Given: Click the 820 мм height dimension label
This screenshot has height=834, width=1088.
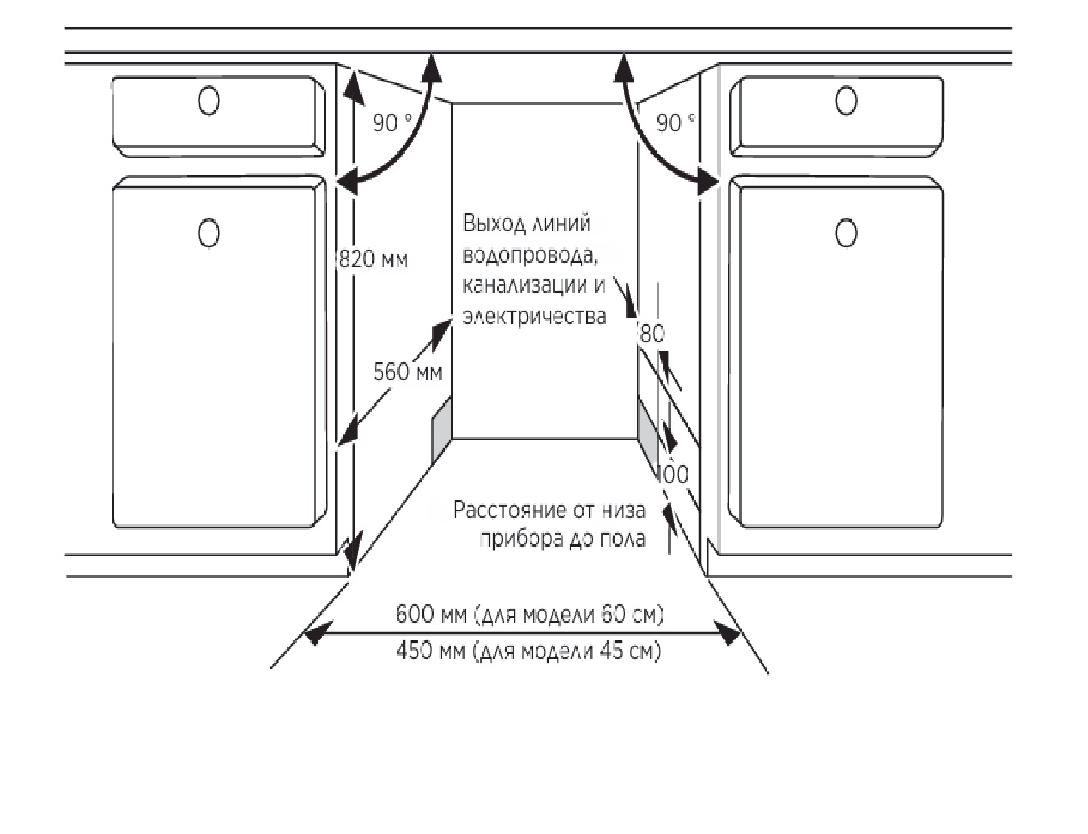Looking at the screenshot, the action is pos(374,260).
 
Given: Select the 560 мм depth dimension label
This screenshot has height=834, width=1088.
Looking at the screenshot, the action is pos(408,372).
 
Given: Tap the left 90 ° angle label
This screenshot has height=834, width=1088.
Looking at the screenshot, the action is pos(392,123).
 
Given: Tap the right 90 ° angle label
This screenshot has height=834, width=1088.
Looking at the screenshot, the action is pos(676,123).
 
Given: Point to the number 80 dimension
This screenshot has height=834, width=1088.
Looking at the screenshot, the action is pos(652,334).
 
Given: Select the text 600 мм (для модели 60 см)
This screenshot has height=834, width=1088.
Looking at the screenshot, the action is pos(530,615).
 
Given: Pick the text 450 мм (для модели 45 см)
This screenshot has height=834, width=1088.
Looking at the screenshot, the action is pos(528,652).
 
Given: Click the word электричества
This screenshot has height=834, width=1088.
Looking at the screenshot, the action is pos(534,316).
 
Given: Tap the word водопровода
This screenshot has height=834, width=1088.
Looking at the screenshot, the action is pos(530,256).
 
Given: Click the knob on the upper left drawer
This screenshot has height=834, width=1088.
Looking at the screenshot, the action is pos(208,100).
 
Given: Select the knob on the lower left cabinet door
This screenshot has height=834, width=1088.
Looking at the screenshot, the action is pos(208,233).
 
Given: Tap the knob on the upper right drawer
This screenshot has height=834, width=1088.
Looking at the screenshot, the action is pos(846,100).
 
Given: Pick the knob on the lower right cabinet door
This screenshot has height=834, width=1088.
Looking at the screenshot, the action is pos(846,233).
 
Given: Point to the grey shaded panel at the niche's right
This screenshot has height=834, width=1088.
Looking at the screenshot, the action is pos(648,431).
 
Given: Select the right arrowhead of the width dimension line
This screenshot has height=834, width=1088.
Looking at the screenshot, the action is pos(727,633).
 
